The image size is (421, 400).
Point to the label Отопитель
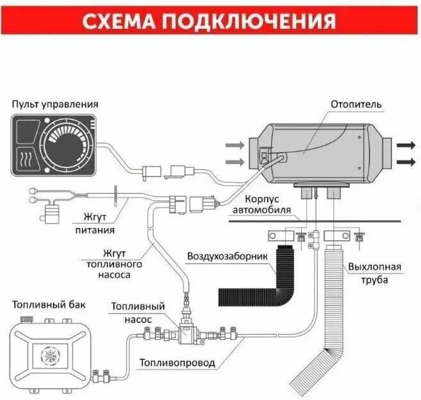coord(356,104)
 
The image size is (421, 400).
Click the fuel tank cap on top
coord(26,318)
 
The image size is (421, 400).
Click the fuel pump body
coord(187,333)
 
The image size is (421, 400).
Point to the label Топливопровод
coord(177,363)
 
